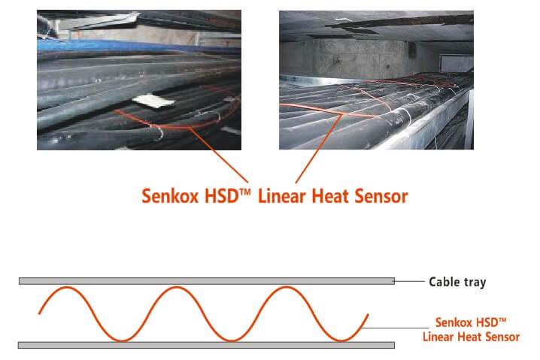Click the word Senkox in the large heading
[171, 197]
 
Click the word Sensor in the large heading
[384, 197]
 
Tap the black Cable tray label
[457, 283]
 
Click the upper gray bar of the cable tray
[206, 281]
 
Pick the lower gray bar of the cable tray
[206, 345]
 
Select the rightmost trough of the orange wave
[337, 340]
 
